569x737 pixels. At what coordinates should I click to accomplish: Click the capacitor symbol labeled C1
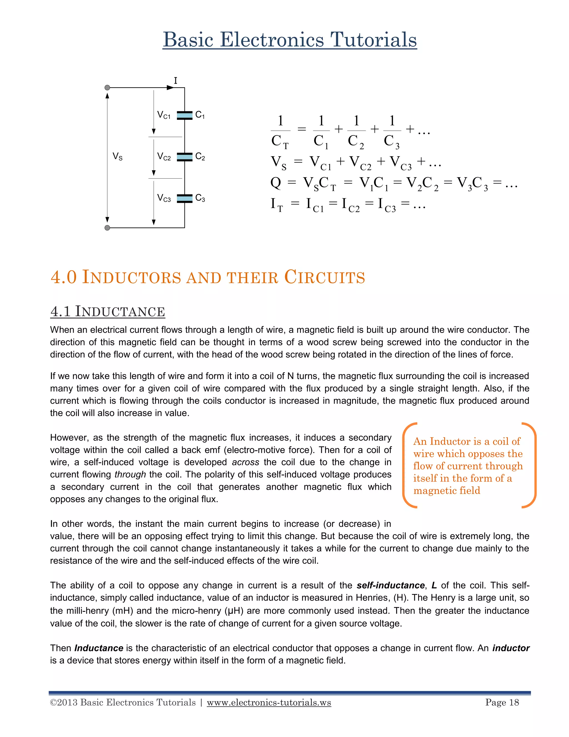click(x=184, y=115)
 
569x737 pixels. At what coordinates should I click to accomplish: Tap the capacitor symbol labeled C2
click(x=184, y=157)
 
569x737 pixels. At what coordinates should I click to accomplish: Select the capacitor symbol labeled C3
click(x=184, y=198)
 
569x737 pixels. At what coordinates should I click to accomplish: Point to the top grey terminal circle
click(x=108, y=88)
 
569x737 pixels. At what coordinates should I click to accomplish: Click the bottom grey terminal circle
click(x=108, y=228)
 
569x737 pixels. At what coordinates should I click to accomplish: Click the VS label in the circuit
click(x=117, y=157)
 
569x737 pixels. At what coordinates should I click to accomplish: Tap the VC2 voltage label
click(x=164, y=157)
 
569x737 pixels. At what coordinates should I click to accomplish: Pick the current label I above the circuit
click(x=175, y=81)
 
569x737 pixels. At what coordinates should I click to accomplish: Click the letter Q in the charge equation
click(x=276, y=183)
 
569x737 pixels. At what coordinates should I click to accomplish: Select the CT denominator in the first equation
click(x=280, y=141)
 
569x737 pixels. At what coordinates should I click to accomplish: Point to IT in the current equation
click(x=276, y=204)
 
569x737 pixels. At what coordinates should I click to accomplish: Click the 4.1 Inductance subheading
click(x=108, y=311)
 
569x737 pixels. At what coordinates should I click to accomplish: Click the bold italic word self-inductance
click(x=391, y=585)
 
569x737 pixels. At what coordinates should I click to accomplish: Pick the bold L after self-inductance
click(x=434, y=585)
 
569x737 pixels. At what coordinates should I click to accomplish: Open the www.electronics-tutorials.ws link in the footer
click(x=269, y=702)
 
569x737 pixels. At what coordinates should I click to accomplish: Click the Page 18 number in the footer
click(x=502, y=702)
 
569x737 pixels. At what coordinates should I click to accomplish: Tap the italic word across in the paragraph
click(x=245, y=462)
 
